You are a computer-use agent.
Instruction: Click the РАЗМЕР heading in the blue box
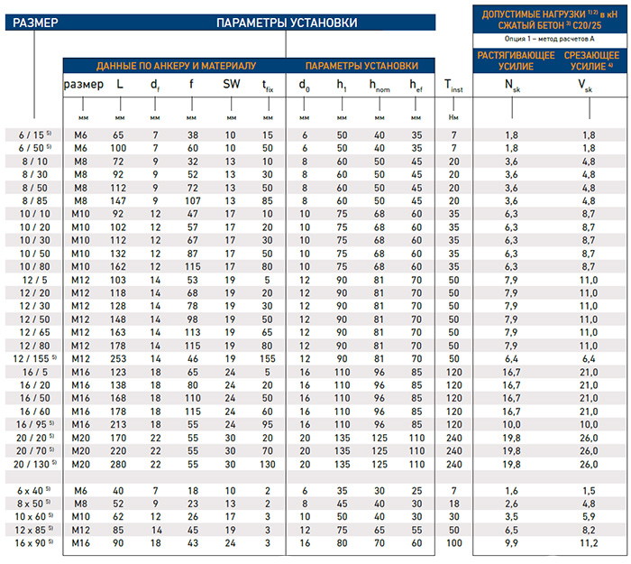tap(32, 22)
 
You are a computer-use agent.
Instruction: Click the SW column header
tap(232, 85)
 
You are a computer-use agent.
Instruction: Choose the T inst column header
tap(453, 87)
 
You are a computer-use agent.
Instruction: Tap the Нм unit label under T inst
tap(453, 117)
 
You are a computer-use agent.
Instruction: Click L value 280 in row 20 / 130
tap(118, 464)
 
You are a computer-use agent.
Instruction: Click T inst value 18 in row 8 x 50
tap(453, 502)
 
